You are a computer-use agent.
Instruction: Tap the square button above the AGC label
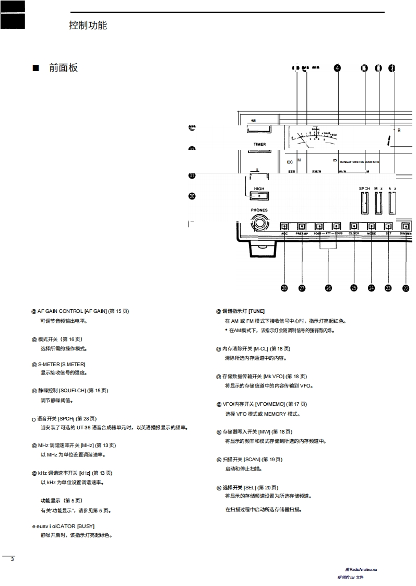pos(284,227)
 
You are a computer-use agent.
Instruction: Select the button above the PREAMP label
pos(302,227)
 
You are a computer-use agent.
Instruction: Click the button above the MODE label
pos(372,227)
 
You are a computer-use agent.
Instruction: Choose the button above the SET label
pos(388,227)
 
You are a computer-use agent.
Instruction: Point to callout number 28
pos(284,288)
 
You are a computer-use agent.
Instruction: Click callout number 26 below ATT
pos(328,288)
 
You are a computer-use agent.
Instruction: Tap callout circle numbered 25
pos(354,288)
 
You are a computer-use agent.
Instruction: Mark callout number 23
pos(388,288)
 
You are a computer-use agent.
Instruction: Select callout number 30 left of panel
pos(192,196)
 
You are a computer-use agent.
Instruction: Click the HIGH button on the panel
pos(259,196)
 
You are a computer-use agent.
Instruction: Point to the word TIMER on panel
pos(259,145)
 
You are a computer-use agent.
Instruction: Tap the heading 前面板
pos(63,68)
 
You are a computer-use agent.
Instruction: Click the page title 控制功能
pos(88,25)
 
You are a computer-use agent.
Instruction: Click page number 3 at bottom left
pos(12,559)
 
